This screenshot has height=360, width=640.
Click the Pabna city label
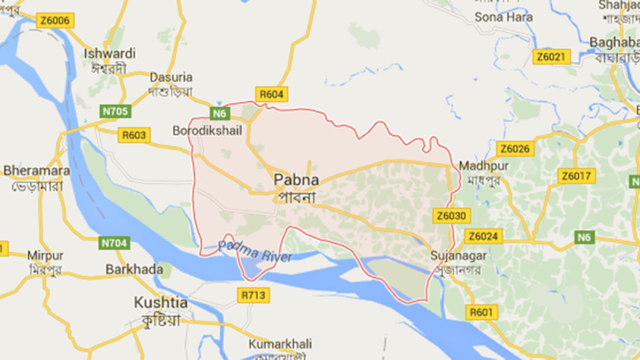point(296,180)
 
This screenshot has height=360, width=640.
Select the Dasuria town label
point(171,77)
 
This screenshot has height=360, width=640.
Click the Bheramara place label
point(36,170)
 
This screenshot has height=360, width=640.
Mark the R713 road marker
point(254,296)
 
